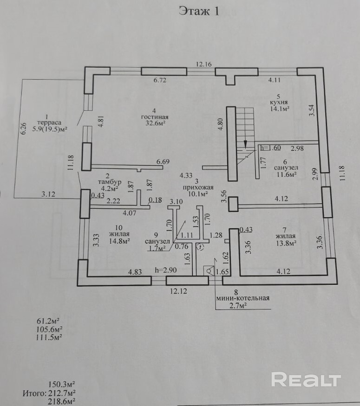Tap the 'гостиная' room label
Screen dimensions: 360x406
point(155,117)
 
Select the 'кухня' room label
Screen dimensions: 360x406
point(279,103)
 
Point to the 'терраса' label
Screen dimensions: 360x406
point(49,123)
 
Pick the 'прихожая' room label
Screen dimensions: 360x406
point(198,187)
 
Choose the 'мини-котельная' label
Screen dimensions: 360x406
point(243,298)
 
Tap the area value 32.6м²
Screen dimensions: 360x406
point(156,123)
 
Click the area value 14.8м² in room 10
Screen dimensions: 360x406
point(119,241)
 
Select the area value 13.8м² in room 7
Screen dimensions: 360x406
point(286,243)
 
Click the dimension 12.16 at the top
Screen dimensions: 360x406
point(204,64)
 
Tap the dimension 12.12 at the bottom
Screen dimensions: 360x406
point(178,291)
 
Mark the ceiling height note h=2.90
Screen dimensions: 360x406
point(166,271)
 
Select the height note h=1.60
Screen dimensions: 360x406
point(271,148)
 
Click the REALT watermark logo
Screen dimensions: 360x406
point(306,380)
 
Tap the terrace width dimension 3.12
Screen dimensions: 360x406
point(48,194)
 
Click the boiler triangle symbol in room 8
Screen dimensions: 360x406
point(209,271)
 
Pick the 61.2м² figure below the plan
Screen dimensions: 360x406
point(48,322)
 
